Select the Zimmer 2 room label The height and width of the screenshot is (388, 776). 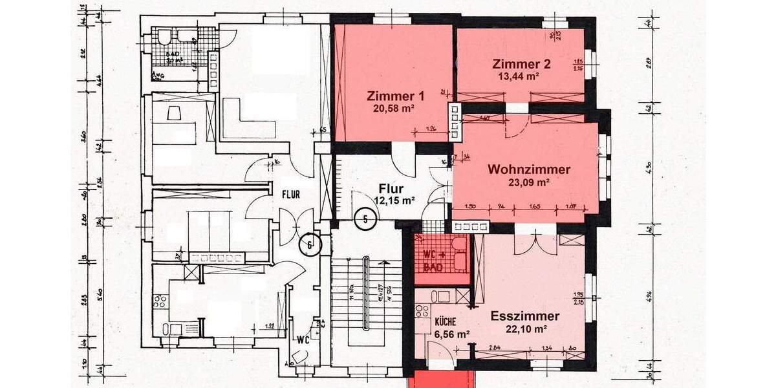coord(521,64)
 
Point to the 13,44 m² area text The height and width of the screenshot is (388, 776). coord(519,76)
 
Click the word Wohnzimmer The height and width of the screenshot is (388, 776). coord(529,170)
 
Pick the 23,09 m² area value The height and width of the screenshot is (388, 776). coord(529,183)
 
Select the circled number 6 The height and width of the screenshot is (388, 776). coord(310,245)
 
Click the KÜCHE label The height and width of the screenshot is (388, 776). coord(445,321)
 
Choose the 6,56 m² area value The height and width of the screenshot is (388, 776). coord(451,334)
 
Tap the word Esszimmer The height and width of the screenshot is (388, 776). coord(524,316)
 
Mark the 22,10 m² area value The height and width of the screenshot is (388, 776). coord(528,329)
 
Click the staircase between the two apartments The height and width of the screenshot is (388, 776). coord(366,297)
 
